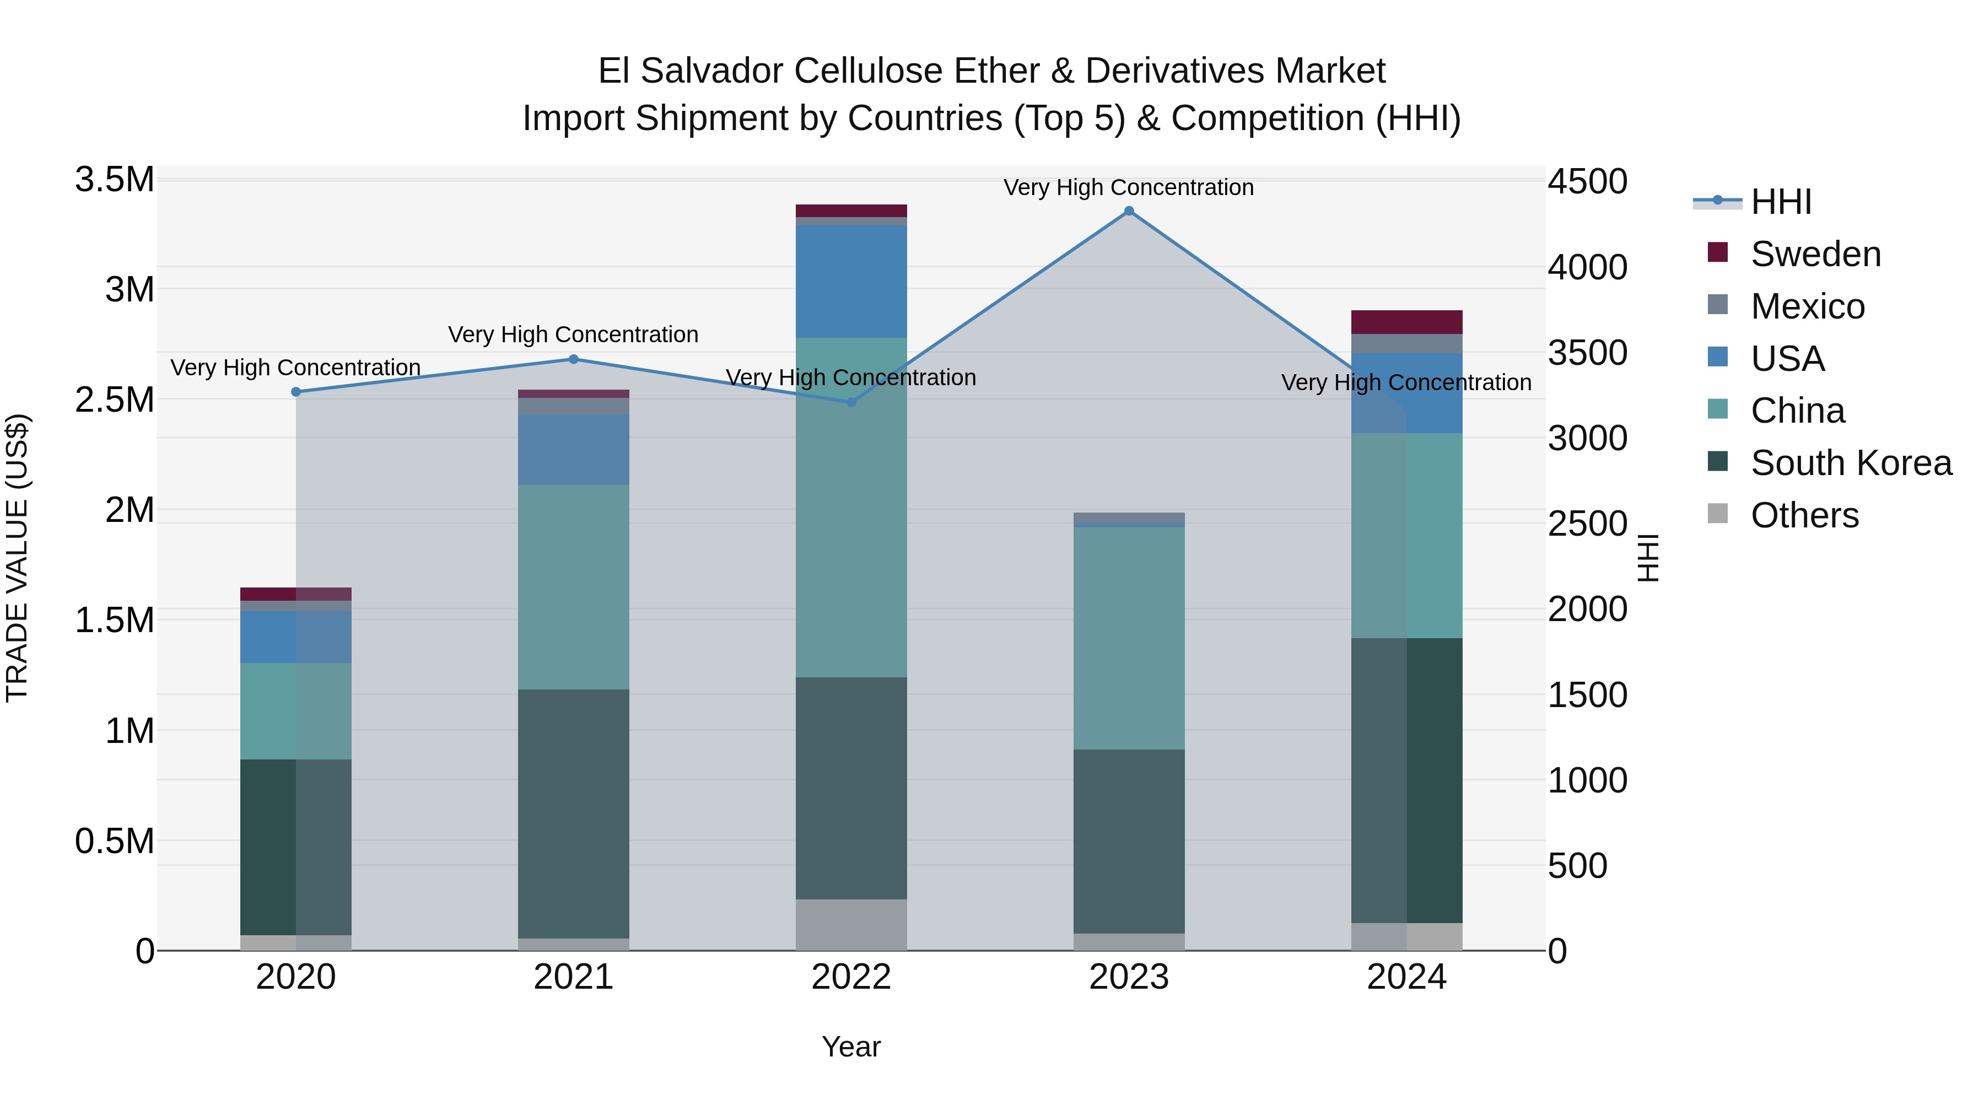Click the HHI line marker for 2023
[1129, 211]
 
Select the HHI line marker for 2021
[573, 359]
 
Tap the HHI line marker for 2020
[296, 392]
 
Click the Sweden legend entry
[1815, 254]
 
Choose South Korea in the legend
[1850, 463]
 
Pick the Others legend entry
[1804, 515]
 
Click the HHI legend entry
[1780, 202]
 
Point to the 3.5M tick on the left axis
[115, 180]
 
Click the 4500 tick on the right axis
[1588, 182]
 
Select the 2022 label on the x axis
[851, 977]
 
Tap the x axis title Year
[851, 1047]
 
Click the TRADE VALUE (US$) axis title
[17, 558]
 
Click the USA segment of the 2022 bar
[851, 281]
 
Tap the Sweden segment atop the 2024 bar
[1406, 322]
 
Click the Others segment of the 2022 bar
[851, 924]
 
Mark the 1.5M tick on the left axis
[115, 620]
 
